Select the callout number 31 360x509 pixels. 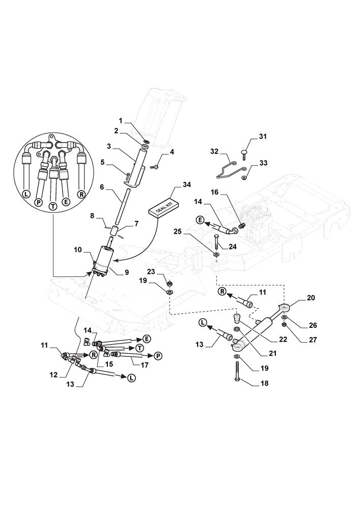click(263, 136)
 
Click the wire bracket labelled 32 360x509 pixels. click(229, 168)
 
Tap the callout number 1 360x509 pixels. click(121, 121)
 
